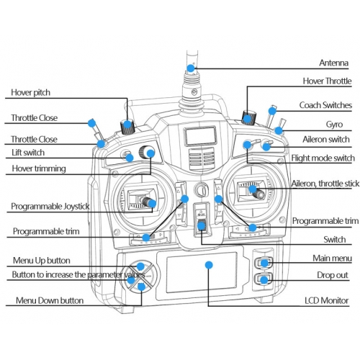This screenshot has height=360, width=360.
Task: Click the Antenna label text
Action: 333,63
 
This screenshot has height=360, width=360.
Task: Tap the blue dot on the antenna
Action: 191,68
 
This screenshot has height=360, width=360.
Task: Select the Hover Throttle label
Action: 327,81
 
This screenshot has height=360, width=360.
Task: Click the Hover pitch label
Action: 31,93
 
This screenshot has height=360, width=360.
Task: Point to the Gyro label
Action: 334,125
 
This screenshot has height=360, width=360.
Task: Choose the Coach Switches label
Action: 325,105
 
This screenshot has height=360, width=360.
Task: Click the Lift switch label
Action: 28,153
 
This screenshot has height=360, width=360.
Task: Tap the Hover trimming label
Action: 39,168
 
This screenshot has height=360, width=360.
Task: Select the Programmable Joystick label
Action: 50,207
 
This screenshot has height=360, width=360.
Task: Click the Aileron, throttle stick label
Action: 325,184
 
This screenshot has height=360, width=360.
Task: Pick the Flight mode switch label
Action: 323,158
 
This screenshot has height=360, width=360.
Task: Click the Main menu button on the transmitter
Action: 264,263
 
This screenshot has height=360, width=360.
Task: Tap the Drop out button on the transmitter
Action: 264,279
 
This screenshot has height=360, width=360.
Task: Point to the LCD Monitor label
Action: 327,300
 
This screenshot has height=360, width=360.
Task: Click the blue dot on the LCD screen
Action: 209,265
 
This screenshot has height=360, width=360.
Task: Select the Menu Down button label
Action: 50,300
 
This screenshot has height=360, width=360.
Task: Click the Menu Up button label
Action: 42,261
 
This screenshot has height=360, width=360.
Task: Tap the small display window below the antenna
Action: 200,136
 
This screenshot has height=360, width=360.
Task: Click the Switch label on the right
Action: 335,240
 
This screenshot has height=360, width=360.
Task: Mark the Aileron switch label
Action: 326,140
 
